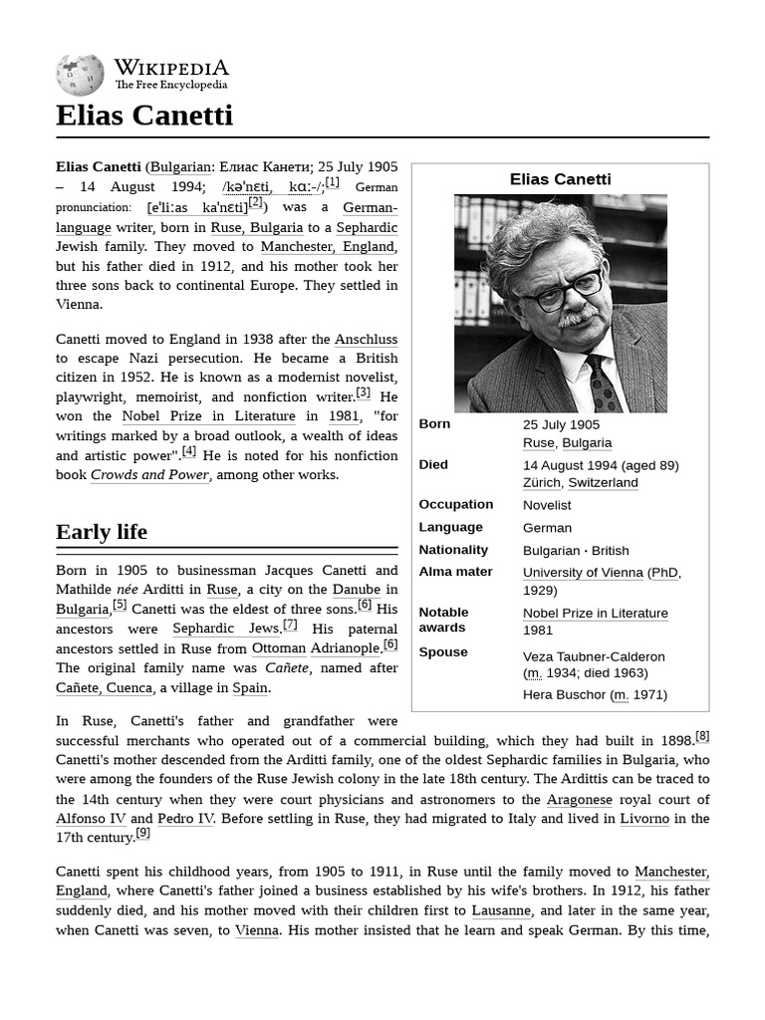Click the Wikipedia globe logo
point(80,75)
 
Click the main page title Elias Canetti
point(144,116)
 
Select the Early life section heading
point(102,532)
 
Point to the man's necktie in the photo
point(604,383)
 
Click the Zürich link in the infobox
point(541,483)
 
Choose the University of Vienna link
point(583,573)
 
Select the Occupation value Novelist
point(547,505)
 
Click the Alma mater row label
point(455,572)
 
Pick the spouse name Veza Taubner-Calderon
point(594,656)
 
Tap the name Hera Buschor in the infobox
point(564,694)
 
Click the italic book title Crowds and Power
point(149,475)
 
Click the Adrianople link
point(345,648)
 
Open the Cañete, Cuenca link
point(104,687)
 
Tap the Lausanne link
point(500,910)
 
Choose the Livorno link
point(643,819)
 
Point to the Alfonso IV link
point(91,819)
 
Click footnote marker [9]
point(142,834)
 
